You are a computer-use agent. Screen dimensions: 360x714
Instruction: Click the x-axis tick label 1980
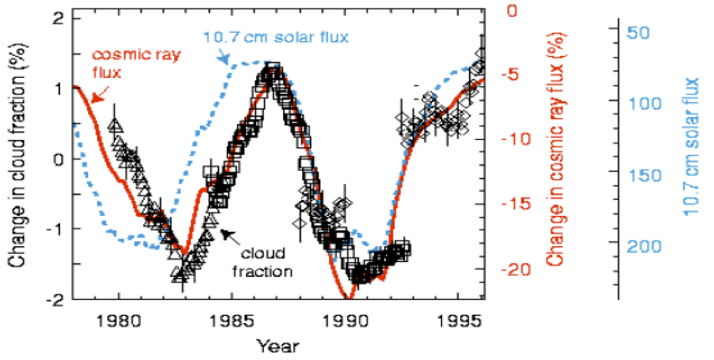pos(118,321)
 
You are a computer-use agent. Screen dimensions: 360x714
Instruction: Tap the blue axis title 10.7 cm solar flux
pos(691,157)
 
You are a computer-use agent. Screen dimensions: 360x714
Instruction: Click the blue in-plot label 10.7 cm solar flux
pos(275,38)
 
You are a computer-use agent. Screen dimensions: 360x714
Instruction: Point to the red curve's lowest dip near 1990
pos(349,297)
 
